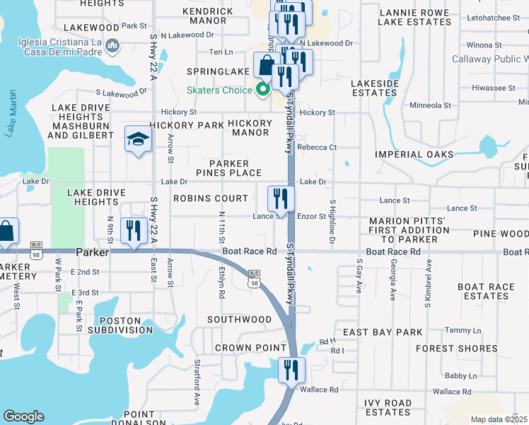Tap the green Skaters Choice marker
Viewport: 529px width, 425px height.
(x=262, y=90)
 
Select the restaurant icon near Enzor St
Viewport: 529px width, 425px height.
(x=281, y=199)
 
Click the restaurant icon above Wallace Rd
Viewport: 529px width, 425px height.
(x=290, y=370)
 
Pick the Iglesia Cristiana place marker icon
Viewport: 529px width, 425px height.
(x=112, y=47)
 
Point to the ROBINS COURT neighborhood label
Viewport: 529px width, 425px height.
(x=211, y=199)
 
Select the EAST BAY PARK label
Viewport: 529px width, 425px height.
(x=383, y=332)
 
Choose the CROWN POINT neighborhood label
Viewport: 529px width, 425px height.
(x=243, y=348)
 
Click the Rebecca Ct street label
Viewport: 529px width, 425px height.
(x=317, y=147)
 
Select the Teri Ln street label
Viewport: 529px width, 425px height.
(x=221, y=52)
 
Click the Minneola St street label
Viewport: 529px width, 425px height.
(x=431, y=106)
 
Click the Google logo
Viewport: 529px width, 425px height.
(x=23, y=416)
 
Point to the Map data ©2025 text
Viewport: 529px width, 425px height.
(x=499, y=419)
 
